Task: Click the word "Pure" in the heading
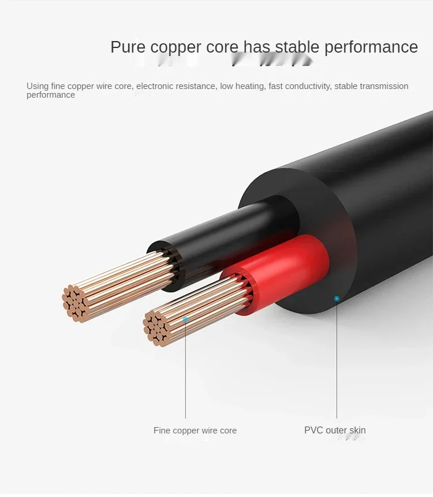point(128,47)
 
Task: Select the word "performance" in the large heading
point(371,47)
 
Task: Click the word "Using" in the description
point(38,86)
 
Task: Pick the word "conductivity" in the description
point(305,86)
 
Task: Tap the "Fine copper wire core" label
point(195,431)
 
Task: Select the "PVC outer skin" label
point(335,430)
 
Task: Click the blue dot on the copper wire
point(185,319)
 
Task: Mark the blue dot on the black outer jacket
point(337,298)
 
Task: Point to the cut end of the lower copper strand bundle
point(156,328)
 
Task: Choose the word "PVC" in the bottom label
point(313,430)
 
